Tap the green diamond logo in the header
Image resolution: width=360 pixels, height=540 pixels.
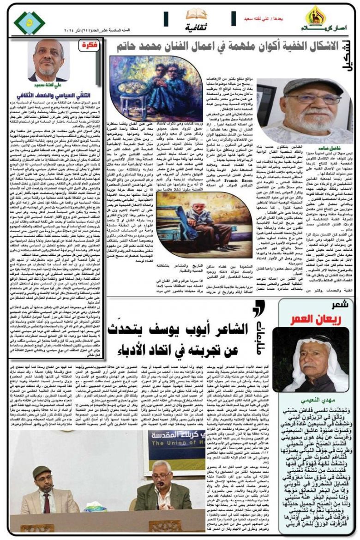tap(30, 23)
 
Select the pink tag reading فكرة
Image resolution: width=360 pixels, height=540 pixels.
tap(87, 46)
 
